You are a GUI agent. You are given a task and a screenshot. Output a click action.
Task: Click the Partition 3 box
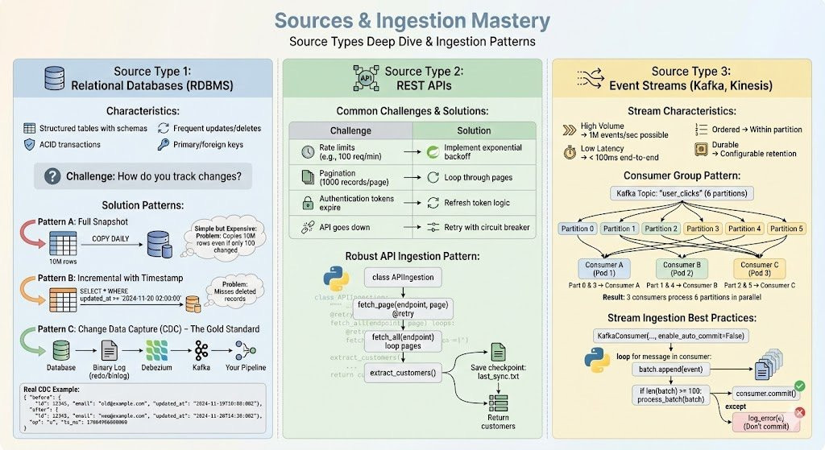click(703, 228)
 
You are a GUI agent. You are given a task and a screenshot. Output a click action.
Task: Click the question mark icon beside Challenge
click(54, 176)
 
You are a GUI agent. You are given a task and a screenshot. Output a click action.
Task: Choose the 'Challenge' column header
click(350, 130)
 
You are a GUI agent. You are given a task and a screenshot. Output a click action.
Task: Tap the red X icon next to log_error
click(800, 413)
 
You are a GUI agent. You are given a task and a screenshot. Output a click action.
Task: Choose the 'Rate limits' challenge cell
click(350, 153)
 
